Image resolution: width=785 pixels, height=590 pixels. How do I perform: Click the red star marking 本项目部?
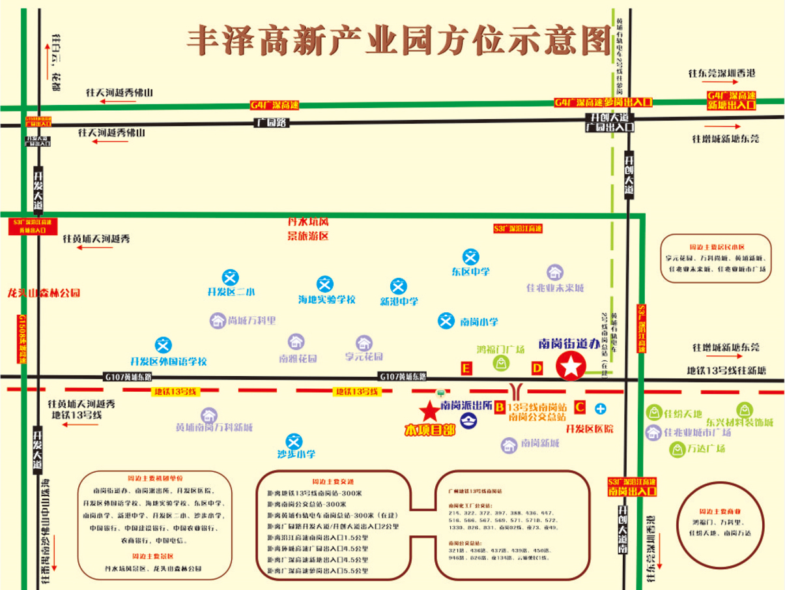pyautogui.click(x=429, y=411)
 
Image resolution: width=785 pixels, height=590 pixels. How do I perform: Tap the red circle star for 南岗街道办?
pyautogui.click(x=571, y=366)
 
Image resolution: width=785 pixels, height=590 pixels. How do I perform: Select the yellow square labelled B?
pyautogui.click(x=500, y=407)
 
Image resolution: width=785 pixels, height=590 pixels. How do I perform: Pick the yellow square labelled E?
pyautogui.click(x=466, y=368)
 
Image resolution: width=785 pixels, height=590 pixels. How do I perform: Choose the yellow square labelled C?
pyautogui.click(x=580, y=407)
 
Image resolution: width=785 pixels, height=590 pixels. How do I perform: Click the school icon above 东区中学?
pyautogui.click(x=471, y=257)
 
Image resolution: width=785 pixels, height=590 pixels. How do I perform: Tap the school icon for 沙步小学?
pyautogui.click(x=294, y=441)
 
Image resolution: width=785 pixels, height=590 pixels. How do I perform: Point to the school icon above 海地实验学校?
pyautogui.click(x=324, y=284)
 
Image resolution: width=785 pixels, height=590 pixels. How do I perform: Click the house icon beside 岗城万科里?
pyautogui.click(x=218, y=320)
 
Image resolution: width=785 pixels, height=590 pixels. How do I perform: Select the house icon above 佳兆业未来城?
pyautogui.click(x=554, y=272)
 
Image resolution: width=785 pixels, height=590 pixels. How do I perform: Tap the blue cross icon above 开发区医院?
pyautogui.click(x=600, y=409)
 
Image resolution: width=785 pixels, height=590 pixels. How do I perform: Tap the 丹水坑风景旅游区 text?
pyautogui.click(x=308, y=229)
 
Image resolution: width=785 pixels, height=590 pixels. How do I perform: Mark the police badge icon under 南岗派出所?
pyautogui.click(x=468, y=421)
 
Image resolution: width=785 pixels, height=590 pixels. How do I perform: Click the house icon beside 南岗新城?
pyautogui.click(x=509, y=445)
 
